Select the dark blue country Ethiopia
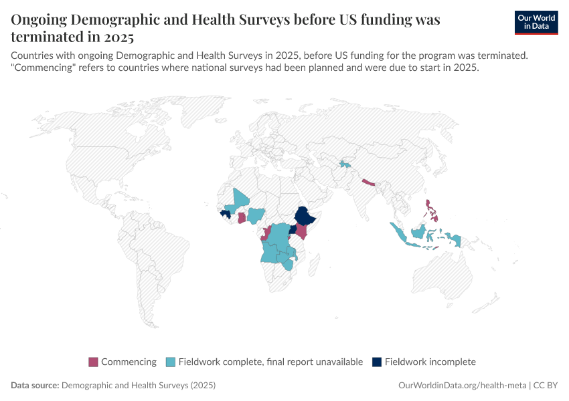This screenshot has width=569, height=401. tap(305, 217)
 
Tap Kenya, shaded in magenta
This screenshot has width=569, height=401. tap(302, 232)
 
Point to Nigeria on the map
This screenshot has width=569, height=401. tap(255, 215)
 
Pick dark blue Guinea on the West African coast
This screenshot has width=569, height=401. tap(225, 213)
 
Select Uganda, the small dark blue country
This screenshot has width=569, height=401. tap(293, 229)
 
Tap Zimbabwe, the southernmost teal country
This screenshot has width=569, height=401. tap(288, 264)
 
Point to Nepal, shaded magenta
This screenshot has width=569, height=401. tap(368, 181)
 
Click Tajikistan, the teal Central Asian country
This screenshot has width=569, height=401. tap(345, 163)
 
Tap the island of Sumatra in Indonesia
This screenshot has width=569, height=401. tap(400, 233)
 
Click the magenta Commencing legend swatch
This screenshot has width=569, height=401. tap(93, 362)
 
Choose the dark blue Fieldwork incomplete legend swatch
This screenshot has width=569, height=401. tap(377, 362)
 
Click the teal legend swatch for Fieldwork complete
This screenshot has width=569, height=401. tap(171, 362)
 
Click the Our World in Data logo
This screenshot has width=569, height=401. tap(536, 22)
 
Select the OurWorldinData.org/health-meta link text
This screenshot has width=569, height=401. tap(463, 386)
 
